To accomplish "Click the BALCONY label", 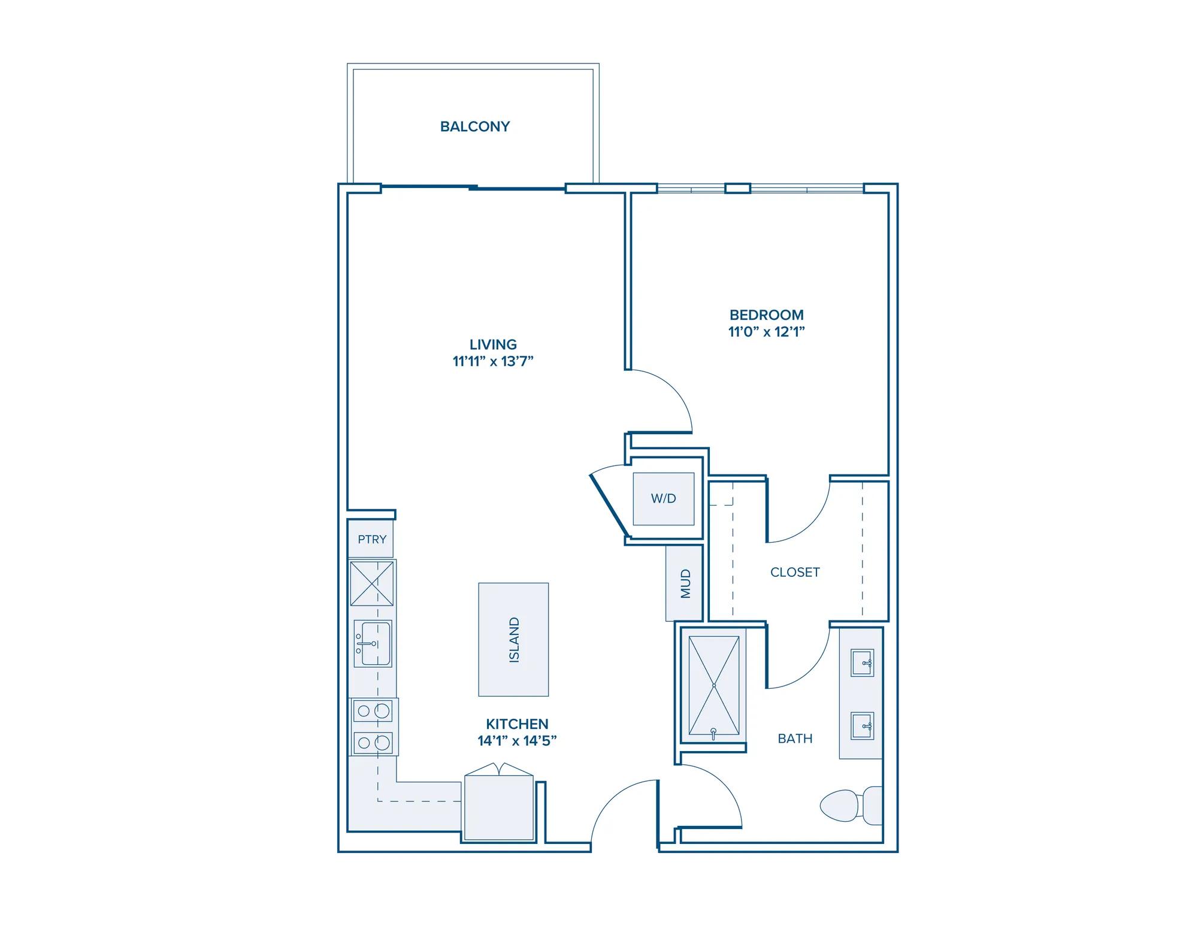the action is pos(475,126).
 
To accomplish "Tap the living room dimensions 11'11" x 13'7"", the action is pos(493,361).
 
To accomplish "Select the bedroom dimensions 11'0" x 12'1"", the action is pos(767,331).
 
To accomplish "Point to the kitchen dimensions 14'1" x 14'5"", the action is pos(517,741).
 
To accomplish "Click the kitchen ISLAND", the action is pos(513,640).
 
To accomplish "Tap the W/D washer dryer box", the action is pos(664,498).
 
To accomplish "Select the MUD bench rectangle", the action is pos(684,583).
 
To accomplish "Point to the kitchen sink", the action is pos(373,643).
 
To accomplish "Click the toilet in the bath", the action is pos(851,805).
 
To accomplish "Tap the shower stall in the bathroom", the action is pos(713,685).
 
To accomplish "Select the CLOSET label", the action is pos(795,573).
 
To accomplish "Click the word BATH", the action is pos(795,739).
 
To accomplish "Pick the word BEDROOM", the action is pos(767,314).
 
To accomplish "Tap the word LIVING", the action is pos(493,344).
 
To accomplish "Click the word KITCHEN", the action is pos(517,724).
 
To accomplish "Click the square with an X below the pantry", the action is pos(372,583).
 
